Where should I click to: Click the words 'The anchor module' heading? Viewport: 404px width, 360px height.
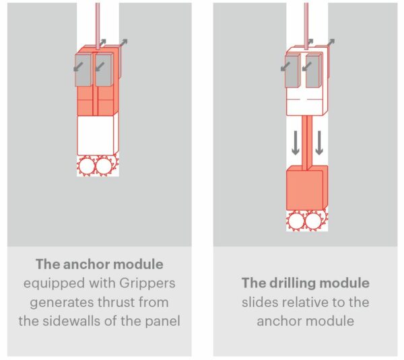click(x=99, y=264)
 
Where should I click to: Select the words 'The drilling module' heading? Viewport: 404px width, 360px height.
click(x=305, y=283)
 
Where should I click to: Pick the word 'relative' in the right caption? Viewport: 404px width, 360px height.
click(x=313, y=302)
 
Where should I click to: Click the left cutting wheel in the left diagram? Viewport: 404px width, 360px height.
click(x=87, y=166)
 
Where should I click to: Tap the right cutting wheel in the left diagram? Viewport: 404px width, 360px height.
click(x=104, y=166)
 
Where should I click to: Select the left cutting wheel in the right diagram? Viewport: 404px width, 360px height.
click(x=296, y=220)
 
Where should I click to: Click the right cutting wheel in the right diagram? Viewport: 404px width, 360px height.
click(x=313, y=220)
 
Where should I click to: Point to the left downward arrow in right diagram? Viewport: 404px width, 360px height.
click(x=295, y=143)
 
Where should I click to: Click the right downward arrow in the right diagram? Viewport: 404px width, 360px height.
click(x=319, y=143)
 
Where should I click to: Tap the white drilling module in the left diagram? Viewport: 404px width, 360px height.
click(x=97, y=135)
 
